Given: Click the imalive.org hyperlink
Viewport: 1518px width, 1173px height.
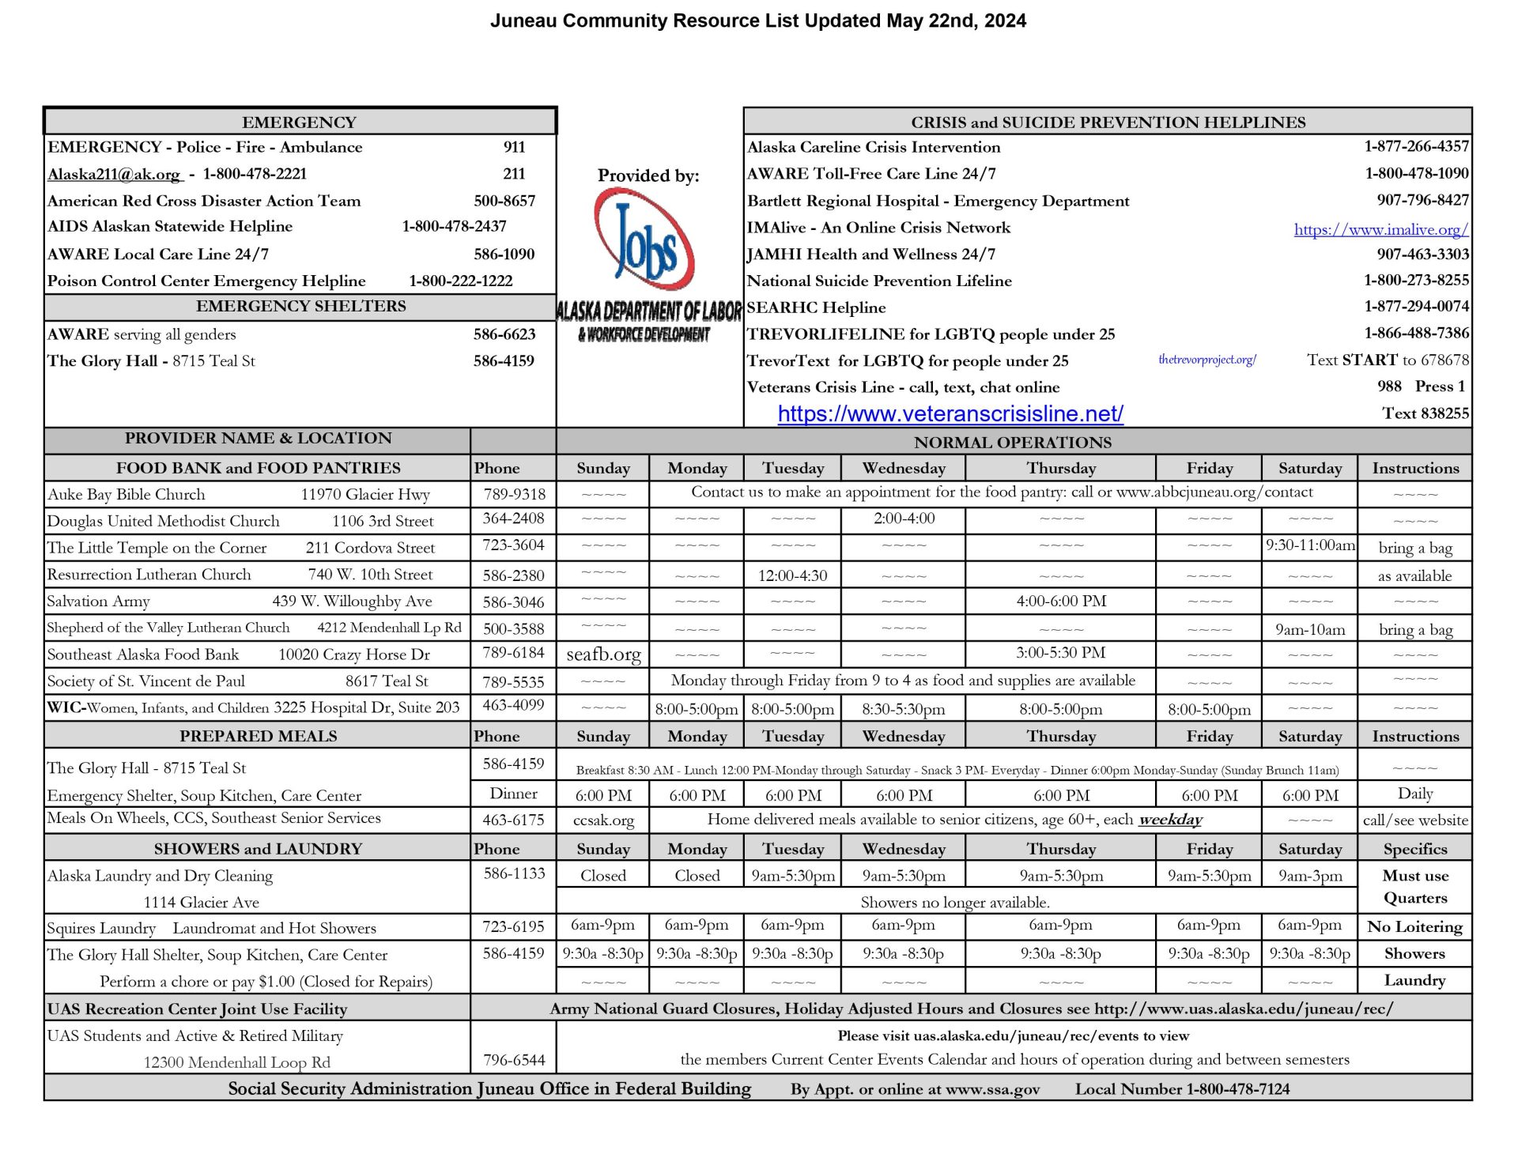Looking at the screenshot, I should tap(1380, 229).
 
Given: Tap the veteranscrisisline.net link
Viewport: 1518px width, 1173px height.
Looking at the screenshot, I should tap(950, 413).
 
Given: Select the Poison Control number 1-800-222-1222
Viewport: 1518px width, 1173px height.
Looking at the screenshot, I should tap(460, 281).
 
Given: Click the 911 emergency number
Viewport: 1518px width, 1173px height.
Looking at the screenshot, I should tap(514, 147).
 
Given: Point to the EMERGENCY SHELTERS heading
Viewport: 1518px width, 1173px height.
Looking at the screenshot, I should tap(300, 307).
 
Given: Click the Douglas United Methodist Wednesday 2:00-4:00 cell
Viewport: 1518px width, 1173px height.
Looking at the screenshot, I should tap(904, 519).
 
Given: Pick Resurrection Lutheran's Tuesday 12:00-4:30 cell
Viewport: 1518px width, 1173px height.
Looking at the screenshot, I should tap(792, 575).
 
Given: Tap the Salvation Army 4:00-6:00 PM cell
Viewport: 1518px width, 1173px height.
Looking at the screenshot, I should tap(1061, 601).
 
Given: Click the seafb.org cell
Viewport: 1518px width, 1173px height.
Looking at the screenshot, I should tap(603, 654).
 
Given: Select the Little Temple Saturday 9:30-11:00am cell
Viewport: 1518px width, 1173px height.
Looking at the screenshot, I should tap(1309, 545).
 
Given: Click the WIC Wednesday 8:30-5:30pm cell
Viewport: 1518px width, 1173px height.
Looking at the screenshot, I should tap(904, 709).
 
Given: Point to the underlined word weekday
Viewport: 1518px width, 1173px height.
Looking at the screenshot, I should tap(1169, 820).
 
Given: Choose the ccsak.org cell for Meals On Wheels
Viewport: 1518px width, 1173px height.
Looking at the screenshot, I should tap(603, 820).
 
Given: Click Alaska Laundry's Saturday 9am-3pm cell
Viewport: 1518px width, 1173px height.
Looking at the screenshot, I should tap(1309, 876).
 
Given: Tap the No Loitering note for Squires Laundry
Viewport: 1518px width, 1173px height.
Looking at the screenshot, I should tap(1414, 926).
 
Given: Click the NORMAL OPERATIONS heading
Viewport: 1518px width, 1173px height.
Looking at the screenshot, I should tap(1013, 443).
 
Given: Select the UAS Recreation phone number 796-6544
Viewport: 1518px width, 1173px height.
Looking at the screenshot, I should tap(514, 1060).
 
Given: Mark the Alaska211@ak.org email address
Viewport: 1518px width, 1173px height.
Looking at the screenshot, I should tap(114, 174).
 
